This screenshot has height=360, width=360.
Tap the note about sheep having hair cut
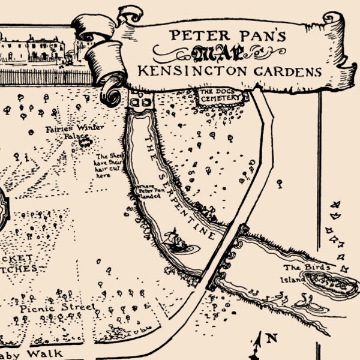(109, 166)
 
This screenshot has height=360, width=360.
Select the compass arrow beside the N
(260, 345)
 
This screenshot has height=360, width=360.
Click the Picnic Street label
(57, 307)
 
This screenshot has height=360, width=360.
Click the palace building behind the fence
(33, 48)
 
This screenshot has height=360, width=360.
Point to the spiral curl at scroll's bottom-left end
(110, 93)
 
